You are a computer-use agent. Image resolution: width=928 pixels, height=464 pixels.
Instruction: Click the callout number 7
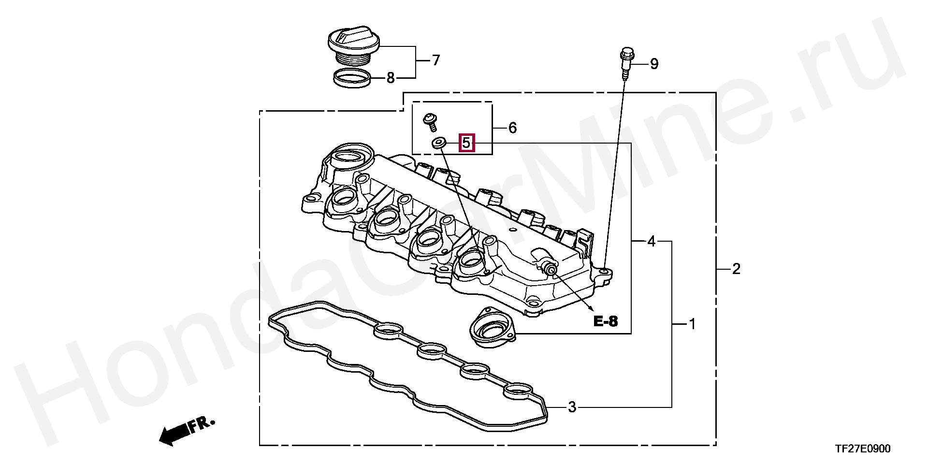click(x=435, y=60)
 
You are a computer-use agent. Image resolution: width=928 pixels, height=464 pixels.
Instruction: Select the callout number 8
click(x=391, y=77)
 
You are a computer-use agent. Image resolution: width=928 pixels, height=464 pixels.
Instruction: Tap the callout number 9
click(x=654, y=64)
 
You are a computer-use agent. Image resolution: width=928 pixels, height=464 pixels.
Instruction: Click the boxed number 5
click(x=466, y=143)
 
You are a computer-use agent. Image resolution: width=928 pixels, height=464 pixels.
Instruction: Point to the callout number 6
click(x=512, y=128)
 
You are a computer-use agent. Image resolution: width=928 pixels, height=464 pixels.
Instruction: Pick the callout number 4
click(x=652, y=241)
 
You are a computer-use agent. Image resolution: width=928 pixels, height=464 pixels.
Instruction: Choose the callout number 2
click(x=736, y=269)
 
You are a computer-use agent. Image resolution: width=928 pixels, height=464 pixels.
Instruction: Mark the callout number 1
click(x=692, y=324)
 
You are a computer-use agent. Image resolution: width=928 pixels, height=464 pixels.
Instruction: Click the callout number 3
click(x=572, y=407)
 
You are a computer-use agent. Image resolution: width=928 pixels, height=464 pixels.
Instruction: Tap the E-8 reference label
click(x=606, y=321)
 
